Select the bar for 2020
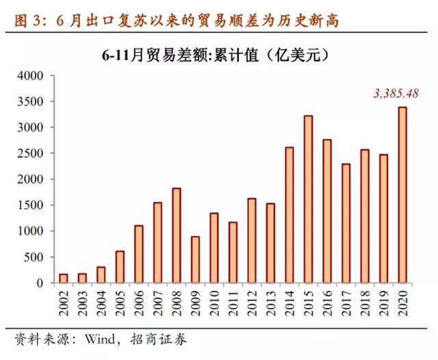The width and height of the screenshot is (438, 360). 402,195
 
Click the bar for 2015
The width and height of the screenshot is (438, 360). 308,199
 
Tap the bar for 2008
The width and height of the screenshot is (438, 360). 177,235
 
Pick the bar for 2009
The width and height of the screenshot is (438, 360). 195,259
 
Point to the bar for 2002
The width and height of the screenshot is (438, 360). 64,278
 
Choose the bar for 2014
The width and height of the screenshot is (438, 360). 289,215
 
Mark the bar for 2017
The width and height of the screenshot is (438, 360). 346,223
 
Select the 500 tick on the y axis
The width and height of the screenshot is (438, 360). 33,257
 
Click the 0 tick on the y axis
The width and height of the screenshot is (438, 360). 41,283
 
